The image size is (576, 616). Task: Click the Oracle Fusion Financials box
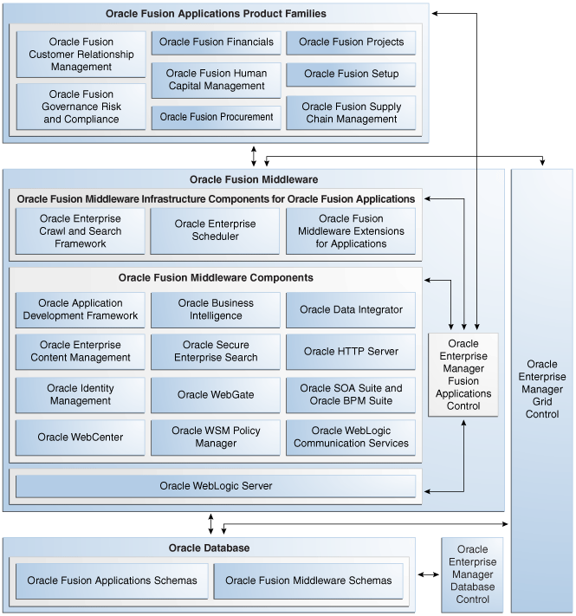(216, 42)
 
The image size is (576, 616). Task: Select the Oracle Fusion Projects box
(351, 42)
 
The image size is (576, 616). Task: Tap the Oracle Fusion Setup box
(351, 75)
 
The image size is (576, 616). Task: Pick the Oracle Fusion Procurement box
(216, 117)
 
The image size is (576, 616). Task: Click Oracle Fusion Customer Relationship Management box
(81, 55)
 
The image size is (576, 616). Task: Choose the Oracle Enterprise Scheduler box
(216, 230)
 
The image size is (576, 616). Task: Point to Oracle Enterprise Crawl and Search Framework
(81, 230)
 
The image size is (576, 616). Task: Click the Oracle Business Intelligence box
(216, 310)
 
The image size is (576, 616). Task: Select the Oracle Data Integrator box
(351, 310)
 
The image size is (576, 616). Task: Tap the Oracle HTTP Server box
(351, 352)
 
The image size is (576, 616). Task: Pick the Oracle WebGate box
(216, 395)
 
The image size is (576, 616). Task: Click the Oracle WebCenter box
(81, 438)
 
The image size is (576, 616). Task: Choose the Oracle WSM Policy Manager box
(216, 438)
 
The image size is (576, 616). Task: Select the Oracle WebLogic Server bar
(216, 486)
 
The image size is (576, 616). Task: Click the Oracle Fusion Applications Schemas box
(112, 580)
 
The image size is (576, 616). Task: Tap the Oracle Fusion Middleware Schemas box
(308, 580)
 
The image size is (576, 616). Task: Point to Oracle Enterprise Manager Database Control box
(472, 574)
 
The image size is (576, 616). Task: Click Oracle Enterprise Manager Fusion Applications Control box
(463, 374)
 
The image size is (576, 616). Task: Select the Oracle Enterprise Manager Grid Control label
(542, 390)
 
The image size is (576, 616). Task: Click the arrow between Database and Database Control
(428, 574)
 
